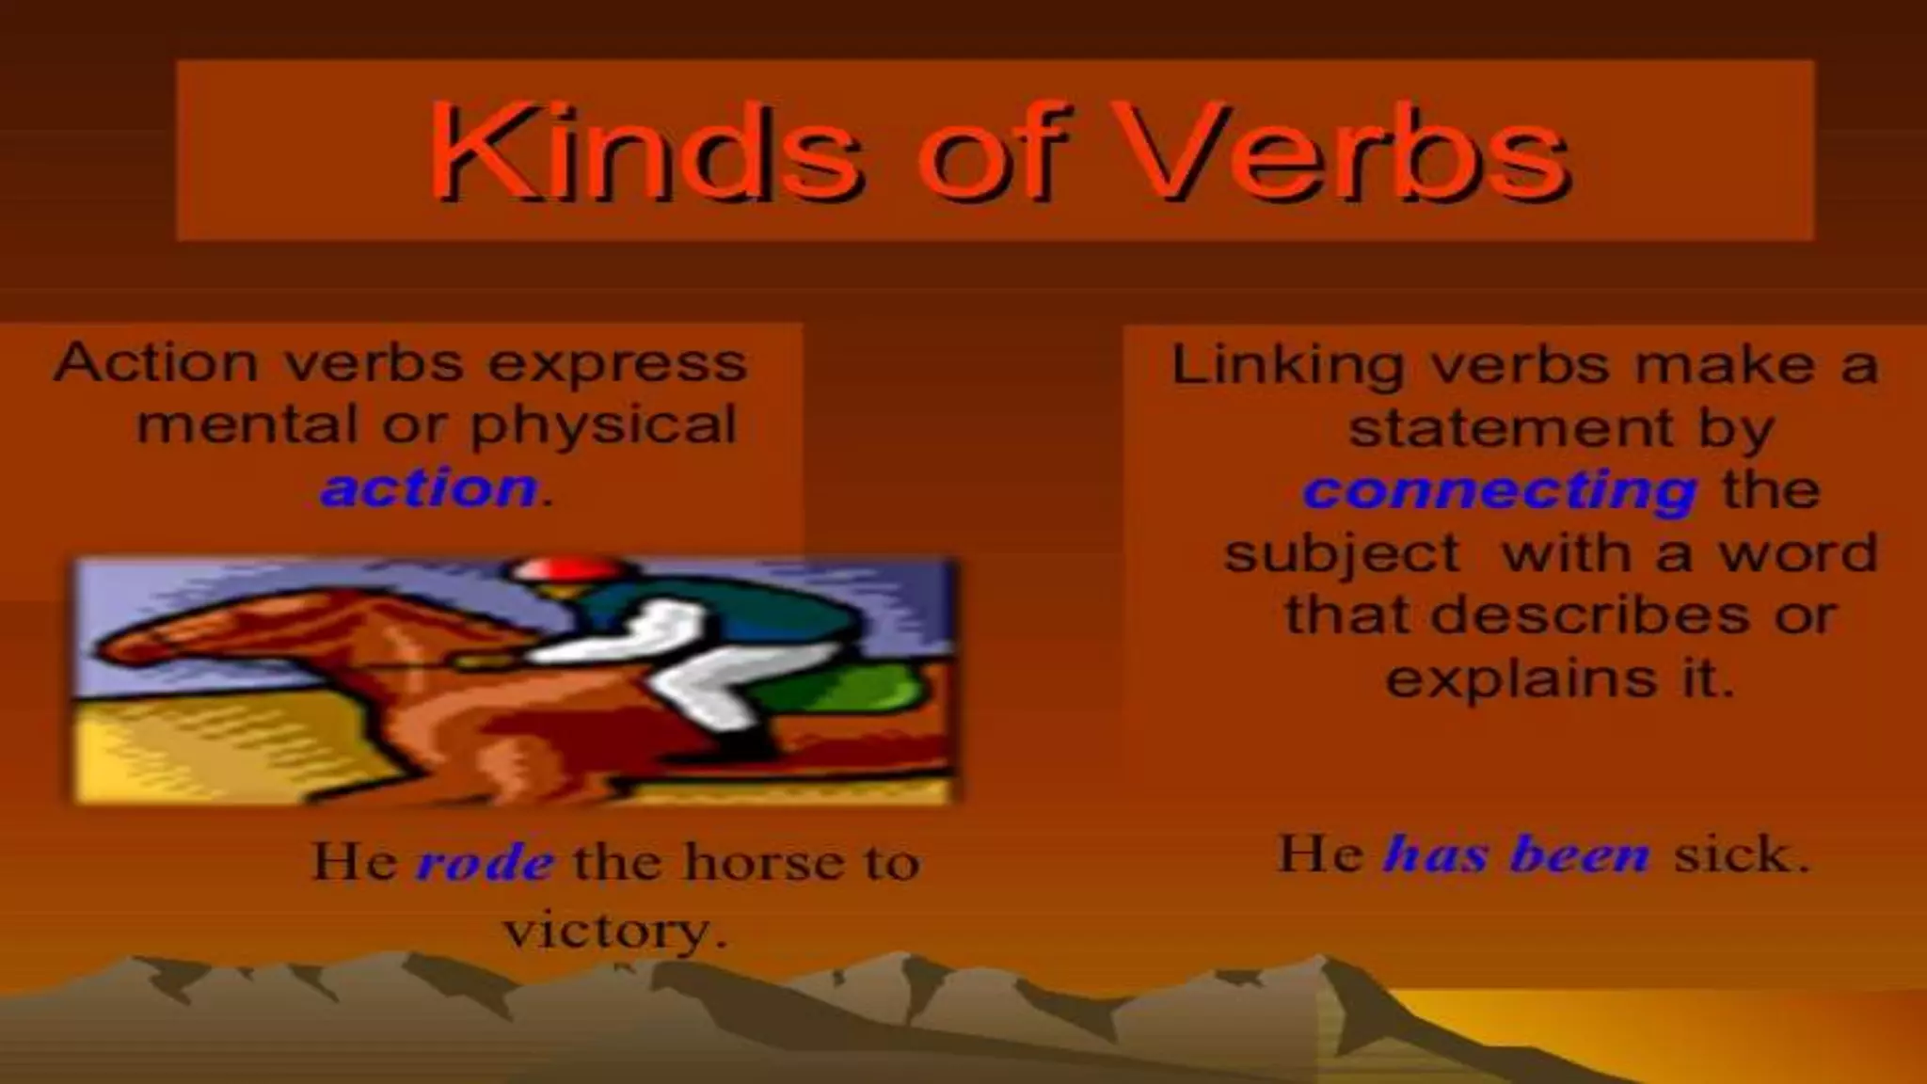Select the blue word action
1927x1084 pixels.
429,488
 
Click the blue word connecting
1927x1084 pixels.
1500,490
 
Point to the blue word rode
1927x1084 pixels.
486,862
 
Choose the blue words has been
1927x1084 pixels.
1517,854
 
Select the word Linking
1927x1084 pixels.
1287,365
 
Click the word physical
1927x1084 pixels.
603,425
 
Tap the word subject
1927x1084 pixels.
1342,553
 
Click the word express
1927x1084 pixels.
618,363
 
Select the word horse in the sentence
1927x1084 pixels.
753,861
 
